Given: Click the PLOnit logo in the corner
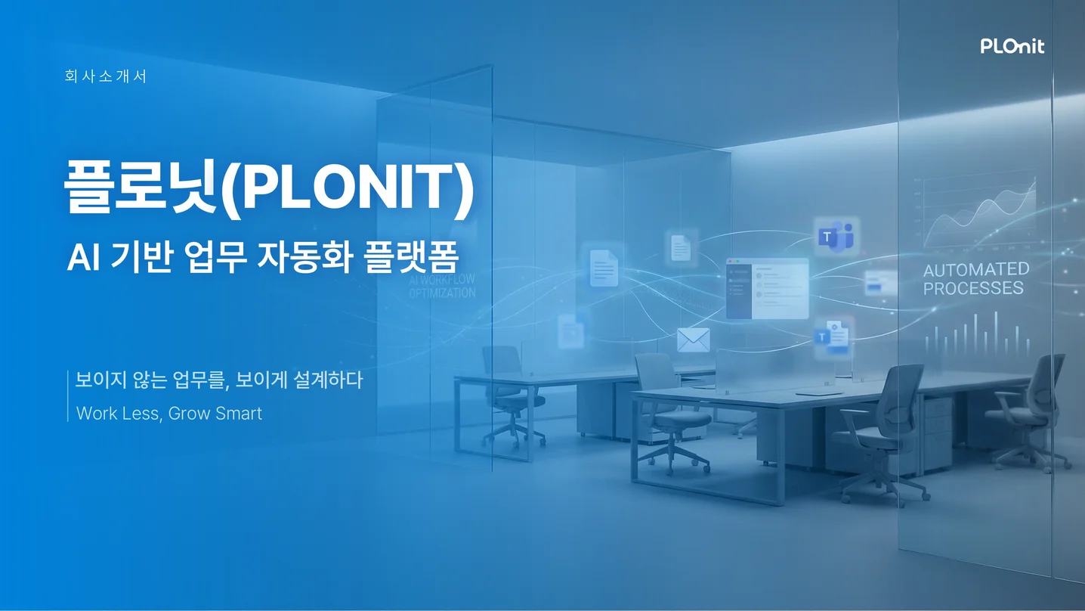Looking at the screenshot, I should pyautogui.click(x=1012, y=46).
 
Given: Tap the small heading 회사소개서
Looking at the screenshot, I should pyautogui.click(x=106, y=76).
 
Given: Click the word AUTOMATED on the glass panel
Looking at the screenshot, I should pyautogui.click(x=975, y=269).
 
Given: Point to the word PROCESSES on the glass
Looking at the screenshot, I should pyautogui.click(x=973, y=288).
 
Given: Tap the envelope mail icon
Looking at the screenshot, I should pyautogui.click(x=693, y=340).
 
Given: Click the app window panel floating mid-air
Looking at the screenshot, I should pyautogui.click(x=767, y=288).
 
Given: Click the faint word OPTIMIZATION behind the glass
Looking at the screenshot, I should pyautogui.click(x=442, y=293).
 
